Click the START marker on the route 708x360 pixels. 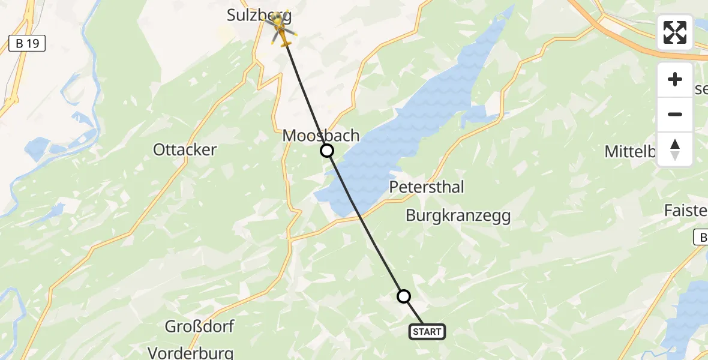tap(427, 331)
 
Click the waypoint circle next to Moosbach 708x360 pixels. tap(327, 151)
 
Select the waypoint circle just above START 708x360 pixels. tap(404, 296)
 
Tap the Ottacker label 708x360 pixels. tap(185, 149)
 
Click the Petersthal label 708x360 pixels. tap(427, 187)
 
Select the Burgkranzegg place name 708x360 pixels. tap(458, 216)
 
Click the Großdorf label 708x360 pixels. tap(200, 327)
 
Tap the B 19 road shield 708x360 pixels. tap(26, 43)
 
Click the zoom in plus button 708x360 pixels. tap(675, 79)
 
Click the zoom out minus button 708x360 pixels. tap(675, 115)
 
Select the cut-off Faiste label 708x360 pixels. tap(686, 211)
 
